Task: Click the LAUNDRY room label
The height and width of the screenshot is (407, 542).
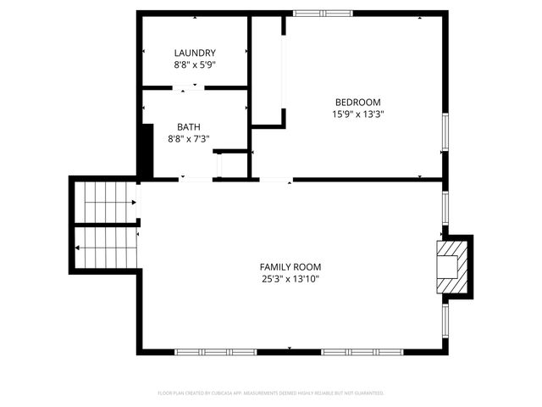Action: [x=195, y=53]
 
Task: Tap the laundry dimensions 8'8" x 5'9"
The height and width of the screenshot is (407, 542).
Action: [x=195, y=64]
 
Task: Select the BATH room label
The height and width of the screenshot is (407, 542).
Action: [x=189, y=126]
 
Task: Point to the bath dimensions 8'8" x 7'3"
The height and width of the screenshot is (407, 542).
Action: [x=189, y=138]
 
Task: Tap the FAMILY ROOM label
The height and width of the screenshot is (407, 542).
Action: [x=290, y=266]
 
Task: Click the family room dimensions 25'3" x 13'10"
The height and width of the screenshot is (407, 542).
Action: [x=290, y=278]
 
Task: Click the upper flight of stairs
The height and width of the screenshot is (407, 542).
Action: [x=105, y=203]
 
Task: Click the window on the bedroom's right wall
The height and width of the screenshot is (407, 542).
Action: [x=444, y=131]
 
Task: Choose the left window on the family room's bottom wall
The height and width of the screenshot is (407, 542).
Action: [x=215, y=351]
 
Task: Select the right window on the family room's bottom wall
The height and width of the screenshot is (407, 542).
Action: [x=362, y=351]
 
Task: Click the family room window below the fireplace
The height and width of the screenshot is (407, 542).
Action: [x=444, y=317]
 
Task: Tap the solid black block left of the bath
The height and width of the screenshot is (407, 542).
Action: [x=146, y=151]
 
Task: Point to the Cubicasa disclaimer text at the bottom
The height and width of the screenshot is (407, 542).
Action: [x=271, y=393]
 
